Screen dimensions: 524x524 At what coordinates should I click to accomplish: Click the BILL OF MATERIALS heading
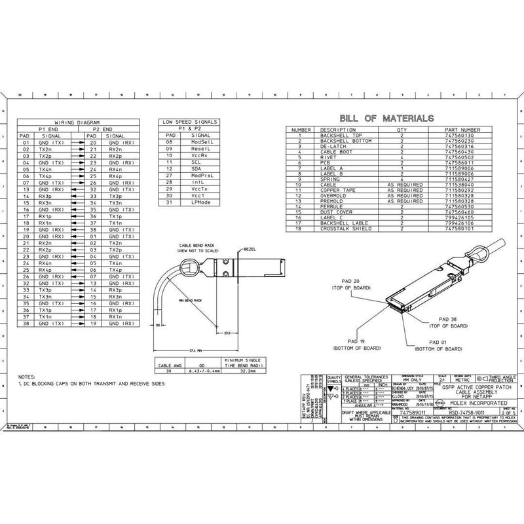click(x=386, y=119)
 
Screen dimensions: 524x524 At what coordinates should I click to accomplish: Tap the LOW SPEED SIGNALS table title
click(x=191, y=122)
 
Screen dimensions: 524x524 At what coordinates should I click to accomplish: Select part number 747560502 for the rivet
click(x=458, y=157)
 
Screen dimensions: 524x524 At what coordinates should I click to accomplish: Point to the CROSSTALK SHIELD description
click(x=343, y=229)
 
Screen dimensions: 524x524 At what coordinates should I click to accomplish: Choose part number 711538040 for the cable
click(x=458, y=185)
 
